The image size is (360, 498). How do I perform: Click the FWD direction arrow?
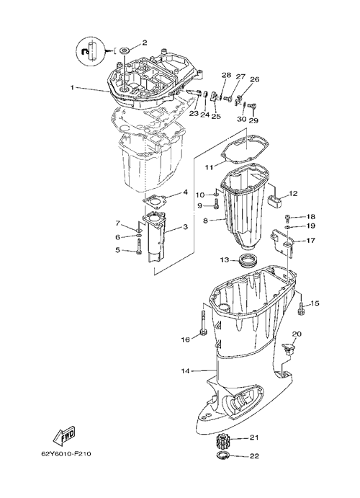click(x=64, y=435)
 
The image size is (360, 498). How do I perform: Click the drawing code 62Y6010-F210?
click(x=66, y=454)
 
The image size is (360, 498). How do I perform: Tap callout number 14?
click(x=186, y=370)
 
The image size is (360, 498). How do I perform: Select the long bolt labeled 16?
click(x=203, y=322)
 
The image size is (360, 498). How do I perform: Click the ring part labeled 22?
click(x=223, y=455)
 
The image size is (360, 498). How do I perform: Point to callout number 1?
click(x=72, y=87)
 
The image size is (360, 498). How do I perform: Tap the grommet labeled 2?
click(x=124, y=50)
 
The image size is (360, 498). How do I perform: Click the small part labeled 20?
click(x=288, y=348)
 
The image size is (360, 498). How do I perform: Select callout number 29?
click(x=253, y=120)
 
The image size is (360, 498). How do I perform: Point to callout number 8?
click(x=205, y=220)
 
